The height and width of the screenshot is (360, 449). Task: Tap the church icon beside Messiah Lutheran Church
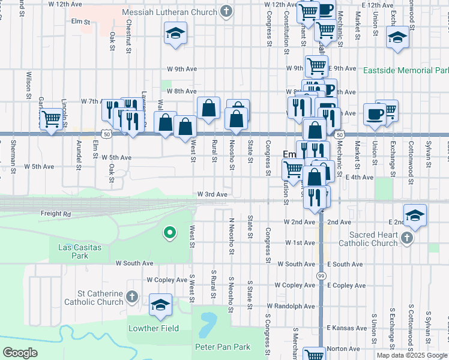tap(226, 11)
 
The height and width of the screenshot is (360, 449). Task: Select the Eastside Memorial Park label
tap(406, 70)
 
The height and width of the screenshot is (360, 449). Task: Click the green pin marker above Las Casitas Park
tap(170, 232)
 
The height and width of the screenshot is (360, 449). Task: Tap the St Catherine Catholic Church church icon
tap(133, 297)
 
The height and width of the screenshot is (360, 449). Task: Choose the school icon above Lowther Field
tap(160, 305)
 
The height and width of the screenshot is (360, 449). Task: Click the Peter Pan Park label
tap(222, 347)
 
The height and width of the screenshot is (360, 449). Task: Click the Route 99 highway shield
tap(321, 274)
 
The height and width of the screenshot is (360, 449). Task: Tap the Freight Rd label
tap(56, 213)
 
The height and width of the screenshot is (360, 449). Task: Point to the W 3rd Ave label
tap(212, 194)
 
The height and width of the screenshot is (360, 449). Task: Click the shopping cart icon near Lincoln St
tap(51, 119)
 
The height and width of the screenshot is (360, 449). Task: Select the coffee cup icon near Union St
tap(375, 113)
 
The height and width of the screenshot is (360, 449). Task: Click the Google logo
tap(20, 353)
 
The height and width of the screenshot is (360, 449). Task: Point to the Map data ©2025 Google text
tap(411, 355)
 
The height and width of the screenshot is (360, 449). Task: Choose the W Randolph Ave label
tap(291, 306)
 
